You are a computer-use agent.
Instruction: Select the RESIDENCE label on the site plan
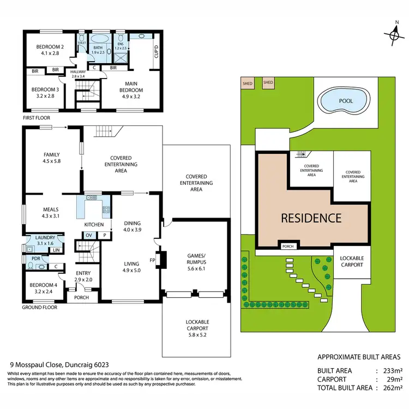pyautogui.click(x=311, y=218)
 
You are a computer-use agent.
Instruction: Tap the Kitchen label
pyautogui.click(x=94, y=224)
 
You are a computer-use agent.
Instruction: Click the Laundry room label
pyautogui.click(x=45, y=238)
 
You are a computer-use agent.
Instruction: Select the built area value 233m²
pyautogui.click(x=392, y=370)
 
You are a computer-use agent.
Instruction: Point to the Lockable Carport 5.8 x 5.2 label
pyautogui.click(x=196, y=326)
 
